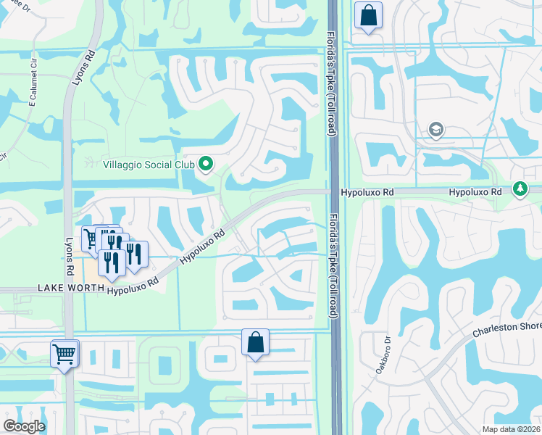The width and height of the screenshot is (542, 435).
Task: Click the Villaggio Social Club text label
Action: click(x=149, y=165)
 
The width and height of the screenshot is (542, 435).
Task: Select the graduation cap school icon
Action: click(x=435, y=130)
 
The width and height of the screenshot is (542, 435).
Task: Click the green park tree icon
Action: click(x=520, y=189)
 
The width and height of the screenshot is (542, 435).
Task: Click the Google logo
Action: click(x=24, y=426)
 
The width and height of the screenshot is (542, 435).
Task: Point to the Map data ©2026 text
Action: click(x=512, y=429)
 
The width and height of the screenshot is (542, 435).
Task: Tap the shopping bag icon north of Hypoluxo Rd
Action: click(x=368, y=14)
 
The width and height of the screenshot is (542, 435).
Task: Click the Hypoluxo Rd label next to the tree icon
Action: click(x=475, y=192)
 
